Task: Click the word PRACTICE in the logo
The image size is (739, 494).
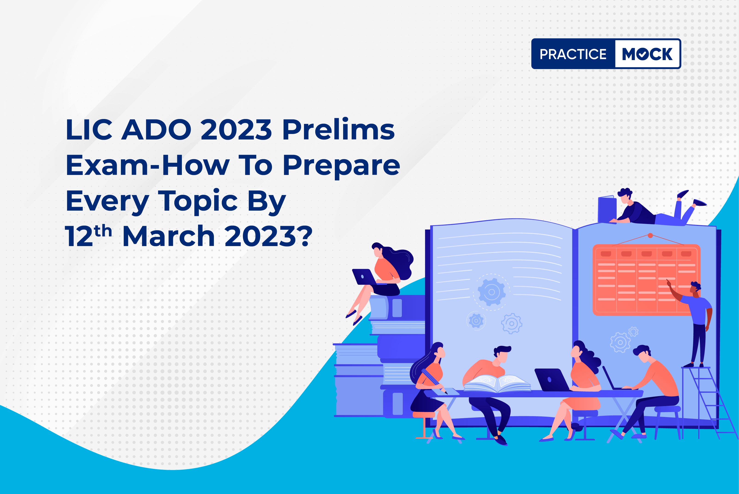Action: (x=573, y=54)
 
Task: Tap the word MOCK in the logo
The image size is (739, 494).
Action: (x=647, y=54)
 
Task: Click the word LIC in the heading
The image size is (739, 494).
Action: (x=89, y=130)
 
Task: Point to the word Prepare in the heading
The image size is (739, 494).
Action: (x=341, y=166)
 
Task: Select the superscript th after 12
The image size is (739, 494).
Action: (x=103, y=231)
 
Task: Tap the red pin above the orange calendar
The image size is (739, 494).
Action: (x=650, y=235)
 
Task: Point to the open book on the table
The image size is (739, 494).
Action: (x=497, y=384)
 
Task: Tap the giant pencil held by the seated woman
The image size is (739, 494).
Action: (x=434, y=381)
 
